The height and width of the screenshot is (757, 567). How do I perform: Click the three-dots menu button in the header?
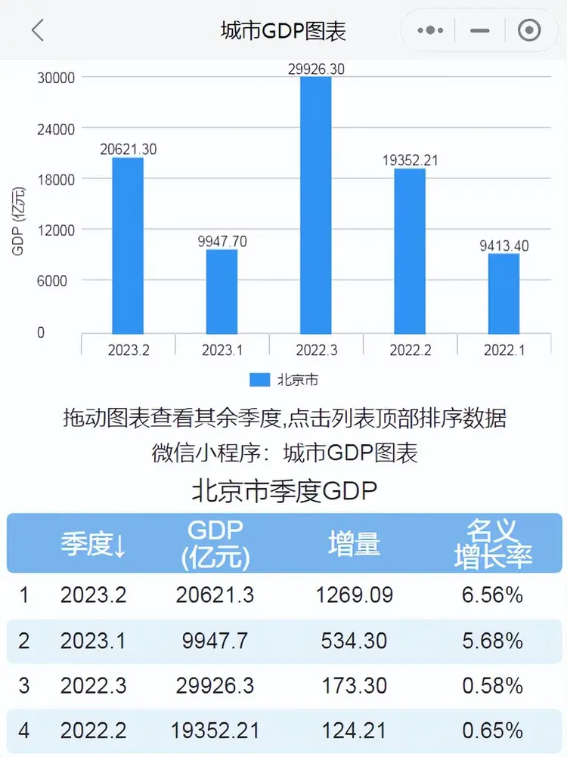pyautogui.click(x=430, y=30)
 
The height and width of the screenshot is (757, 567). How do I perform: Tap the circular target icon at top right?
pyautogui.click(x=528, y=30)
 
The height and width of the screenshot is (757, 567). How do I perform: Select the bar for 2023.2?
pyautogui.click(x=128, y=246)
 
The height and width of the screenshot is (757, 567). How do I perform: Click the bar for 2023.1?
pyautogui.click(x=222, y=292)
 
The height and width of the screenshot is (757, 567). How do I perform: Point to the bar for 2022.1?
pyautogui.click(x=503, y=294)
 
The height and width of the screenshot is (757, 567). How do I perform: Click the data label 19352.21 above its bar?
pyautogui.click(x=410, y=160)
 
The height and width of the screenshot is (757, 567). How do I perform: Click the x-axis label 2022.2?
pyautogui.click(x=410, y=351)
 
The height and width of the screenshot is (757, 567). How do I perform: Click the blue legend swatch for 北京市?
pyautogui.click(x=259, y=379)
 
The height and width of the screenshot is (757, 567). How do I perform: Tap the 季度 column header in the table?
pyautogui.click(x=92, y=544)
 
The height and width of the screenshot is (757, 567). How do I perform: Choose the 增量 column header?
pyautogui.click(x=354, y=544)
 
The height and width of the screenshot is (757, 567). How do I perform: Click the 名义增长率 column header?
pyautogui.click(x=492, y=544)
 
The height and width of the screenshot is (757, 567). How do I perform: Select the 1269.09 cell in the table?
pyautogui.click(x=354, y=595)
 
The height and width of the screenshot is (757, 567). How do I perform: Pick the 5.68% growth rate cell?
pyautogui.click(x=492, y=641)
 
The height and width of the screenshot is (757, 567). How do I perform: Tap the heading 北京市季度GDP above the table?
pyautogui.click(x=283, y=492)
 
